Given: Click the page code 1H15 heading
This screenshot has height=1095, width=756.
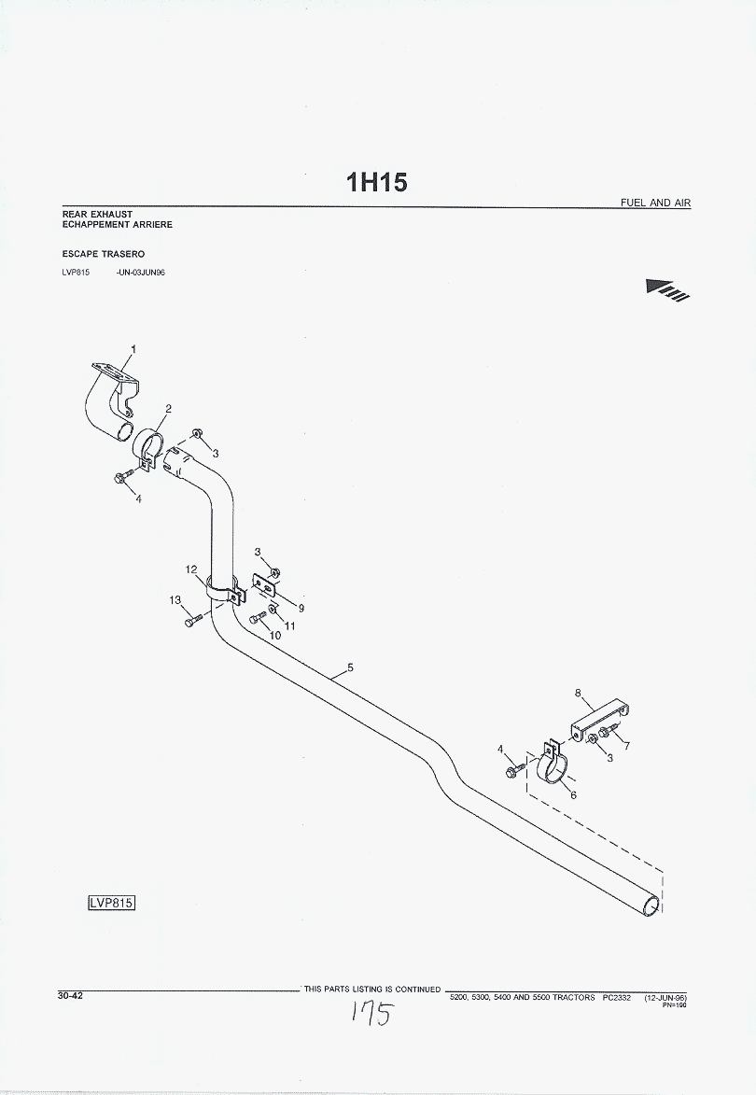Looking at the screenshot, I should pyautogui.click(x=377, y=183).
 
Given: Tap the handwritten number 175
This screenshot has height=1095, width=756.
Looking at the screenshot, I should pyautogui.click(x=371, y=1014).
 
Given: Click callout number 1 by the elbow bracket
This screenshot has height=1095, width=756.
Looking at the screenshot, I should pyautogui.click(x=133, y=349).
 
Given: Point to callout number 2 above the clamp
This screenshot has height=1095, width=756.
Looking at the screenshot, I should pyautogui.click(x=168, y=408).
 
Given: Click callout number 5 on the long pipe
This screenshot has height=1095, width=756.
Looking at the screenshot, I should pyautogui.click(x=349, y=667).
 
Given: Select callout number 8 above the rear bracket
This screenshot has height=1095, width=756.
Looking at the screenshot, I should pyautogui.click(x=577, y=694).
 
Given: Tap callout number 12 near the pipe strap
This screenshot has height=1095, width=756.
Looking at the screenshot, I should pyautogui.click(x=190, y=569).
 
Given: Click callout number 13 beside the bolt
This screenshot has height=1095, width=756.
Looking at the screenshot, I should pyautogui.click(x=175, y=600).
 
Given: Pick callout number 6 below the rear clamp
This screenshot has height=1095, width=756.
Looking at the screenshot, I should pyautogui.click(x=573, y=795).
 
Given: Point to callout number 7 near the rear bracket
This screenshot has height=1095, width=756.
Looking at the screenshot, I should pyautogui.click(x=626, y=746).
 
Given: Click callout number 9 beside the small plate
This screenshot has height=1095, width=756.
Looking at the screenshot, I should pyautogui.click(x=301, y=608).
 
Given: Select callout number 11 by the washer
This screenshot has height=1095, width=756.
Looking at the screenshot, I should pyautogui.click(x=289, y=625).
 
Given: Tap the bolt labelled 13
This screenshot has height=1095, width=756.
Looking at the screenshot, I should pyautogui.click(x=192, y=621).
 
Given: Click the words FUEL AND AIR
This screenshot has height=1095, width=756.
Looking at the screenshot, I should pyautogui.click(x=655, y=203).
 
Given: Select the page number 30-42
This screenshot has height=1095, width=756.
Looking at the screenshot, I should pyautogui.click(x=71, y=995).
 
